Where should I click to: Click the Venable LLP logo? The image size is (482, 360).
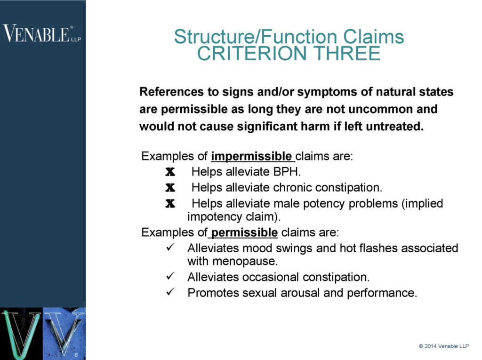pos(41,34)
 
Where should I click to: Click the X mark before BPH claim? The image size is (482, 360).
pos(170,172)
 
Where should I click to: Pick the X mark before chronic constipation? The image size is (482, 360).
pos(170,188)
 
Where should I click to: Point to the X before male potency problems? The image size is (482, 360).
pos(170,204)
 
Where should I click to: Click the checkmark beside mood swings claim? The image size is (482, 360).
pos(171,248)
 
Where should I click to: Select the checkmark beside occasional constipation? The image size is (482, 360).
pos(171,277)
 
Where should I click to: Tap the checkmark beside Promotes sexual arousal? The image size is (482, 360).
pos(171,293)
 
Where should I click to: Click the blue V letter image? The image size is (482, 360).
pos(64,332)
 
